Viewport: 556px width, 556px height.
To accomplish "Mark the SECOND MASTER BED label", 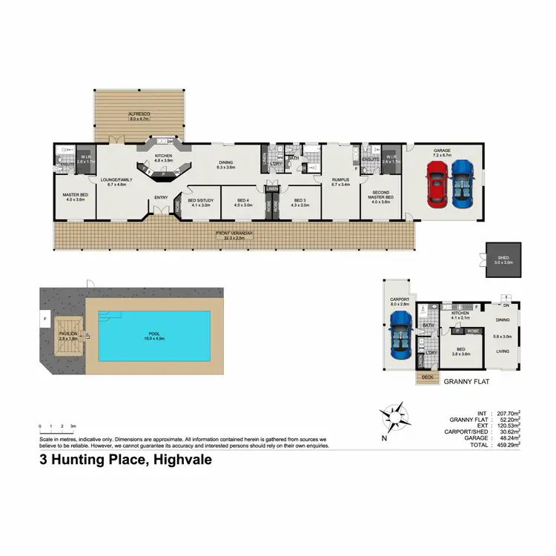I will tap(380, 196).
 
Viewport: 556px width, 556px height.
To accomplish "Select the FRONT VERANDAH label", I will tap(235, 235).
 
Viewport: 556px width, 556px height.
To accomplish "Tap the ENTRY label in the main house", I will tap(161, 196).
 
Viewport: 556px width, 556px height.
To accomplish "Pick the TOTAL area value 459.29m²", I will tap(507, 446).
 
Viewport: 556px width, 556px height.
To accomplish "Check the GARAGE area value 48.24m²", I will tap(507, 438).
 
